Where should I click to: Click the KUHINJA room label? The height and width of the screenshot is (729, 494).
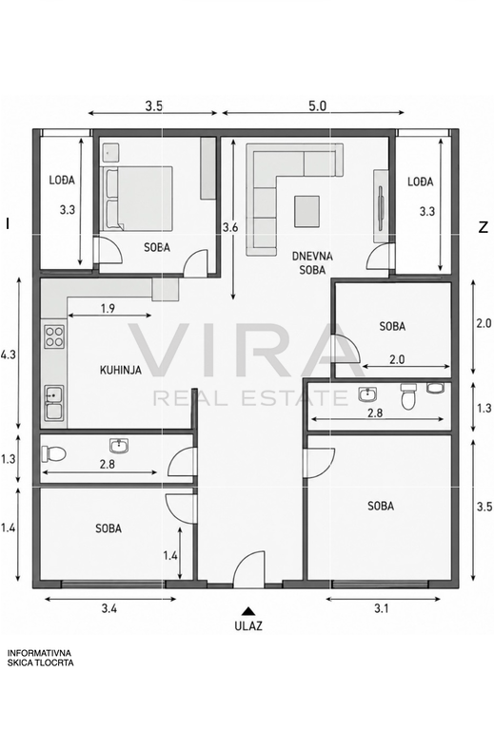pos(121,370)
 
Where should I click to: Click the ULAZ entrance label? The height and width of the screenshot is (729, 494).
pos(248,625)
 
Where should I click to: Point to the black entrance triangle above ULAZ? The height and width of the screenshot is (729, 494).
pos(248,611)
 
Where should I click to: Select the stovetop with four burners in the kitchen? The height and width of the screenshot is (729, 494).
pos(54,337)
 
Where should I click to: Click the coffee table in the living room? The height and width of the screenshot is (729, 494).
pos(306,212)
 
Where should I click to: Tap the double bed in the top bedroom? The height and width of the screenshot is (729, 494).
pos(137,198)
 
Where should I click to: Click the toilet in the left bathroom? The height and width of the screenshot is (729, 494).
pos(53,453)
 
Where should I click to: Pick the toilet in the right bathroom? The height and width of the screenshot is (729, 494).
pos(408,396)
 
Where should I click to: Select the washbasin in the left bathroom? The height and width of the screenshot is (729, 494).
pos(119,446)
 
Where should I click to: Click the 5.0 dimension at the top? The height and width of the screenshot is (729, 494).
pos(317,106)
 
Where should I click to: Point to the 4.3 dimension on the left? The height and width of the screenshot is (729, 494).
pos(9,355)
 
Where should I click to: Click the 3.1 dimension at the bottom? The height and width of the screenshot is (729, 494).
pos(382,608)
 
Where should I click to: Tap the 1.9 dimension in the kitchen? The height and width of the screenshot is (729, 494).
pos(108,308)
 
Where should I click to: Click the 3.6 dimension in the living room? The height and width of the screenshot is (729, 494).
pos(230,227)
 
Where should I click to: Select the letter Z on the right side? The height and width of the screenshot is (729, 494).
pos(484,227)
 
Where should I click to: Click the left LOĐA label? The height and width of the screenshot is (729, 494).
pos(62,180)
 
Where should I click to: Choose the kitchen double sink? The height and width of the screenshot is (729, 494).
pos(54,403)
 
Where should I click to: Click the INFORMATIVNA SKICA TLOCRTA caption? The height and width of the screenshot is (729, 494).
pos(41,658)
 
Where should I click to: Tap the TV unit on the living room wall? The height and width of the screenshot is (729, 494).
pos(381,206)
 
